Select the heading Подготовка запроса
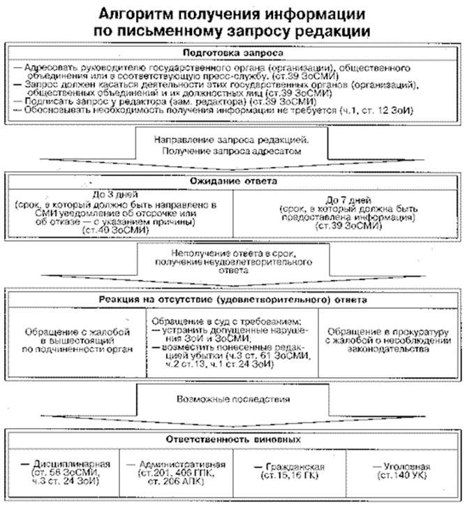tap(232, 53)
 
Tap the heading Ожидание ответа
tap(232, 181)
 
